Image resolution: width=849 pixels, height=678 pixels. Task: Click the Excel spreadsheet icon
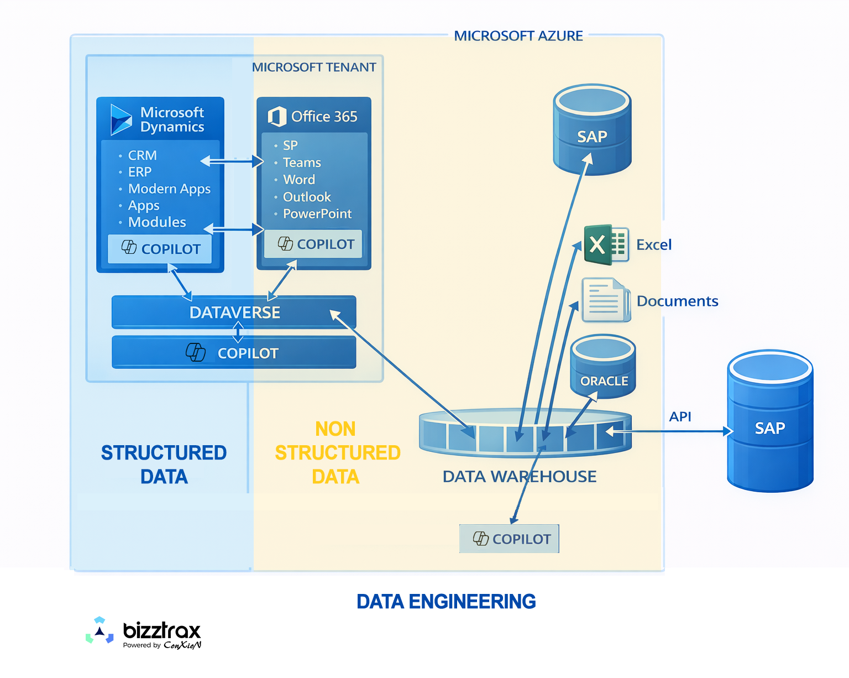coord(606,244)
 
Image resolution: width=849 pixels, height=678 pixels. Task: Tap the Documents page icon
coord(606,300)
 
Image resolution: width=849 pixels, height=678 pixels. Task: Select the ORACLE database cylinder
coord(603,367)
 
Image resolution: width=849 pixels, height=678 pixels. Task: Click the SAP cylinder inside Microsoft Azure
coord(592,129)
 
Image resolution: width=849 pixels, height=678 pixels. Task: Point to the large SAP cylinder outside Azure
coord(770,421)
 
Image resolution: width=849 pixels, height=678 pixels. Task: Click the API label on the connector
coord(680,416)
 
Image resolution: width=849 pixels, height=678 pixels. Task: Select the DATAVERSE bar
coord(234,312)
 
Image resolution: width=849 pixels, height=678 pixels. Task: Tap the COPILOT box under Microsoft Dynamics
coord(160,249)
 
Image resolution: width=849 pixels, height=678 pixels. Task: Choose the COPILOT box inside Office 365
coord(313,244)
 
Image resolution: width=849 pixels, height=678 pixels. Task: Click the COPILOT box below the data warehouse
coord(509,539)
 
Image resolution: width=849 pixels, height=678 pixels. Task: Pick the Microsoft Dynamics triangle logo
coord(120,119)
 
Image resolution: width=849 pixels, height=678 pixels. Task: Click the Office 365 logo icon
coord(277,117)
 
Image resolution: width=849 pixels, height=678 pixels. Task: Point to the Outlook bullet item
coord(307,197)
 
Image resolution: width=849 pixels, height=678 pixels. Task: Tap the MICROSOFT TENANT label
coord(314,67)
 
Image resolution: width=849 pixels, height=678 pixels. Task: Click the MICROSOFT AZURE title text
coord(518,36)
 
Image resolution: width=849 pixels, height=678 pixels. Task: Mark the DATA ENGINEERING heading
coord(446,601)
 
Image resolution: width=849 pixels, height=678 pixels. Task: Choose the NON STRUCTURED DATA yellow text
coord(337,452)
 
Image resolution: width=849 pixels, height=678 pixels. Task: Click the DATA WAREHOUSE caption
coord(520,477)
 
